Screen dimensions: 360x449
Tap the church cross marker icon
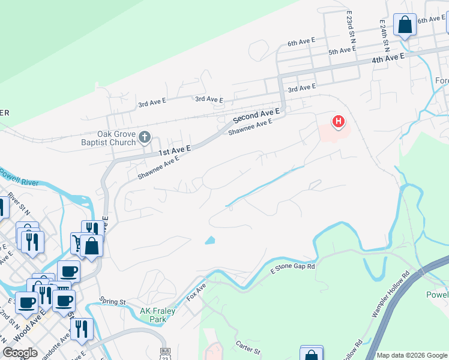(x=144, y=138)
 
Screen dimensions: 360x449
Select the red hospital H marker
(x=339, y=122)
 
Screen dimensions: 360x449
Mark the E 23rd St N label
(x=351, y=23)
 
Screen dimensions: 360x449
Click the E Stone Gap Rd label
(x=293, y=266)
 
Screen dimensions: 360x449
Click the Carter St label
(x=247, y=347)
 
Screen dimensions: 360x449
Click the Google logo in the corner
(x=20, y=353)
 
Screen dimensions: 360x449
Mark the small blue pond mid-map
(x=209, y=241)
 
